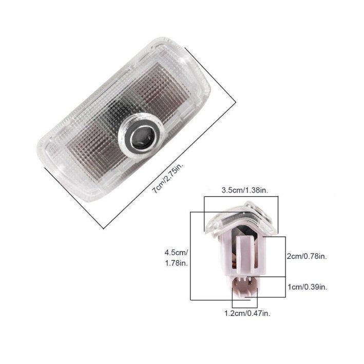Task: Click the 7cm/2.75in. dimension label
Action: point(167,178)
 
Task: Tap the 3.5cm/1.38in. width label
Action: point(245,190)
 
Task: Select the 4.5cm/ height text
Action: point(177,253)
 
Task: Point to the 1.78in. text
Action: point(177,263)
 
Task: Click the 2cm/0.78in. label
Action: point(307,257)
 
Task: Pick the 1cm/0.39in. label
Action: point(308,287)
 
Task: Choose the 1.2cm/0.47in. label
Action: point(247,314)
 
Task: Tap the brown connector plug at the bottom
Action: point(244,286)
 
